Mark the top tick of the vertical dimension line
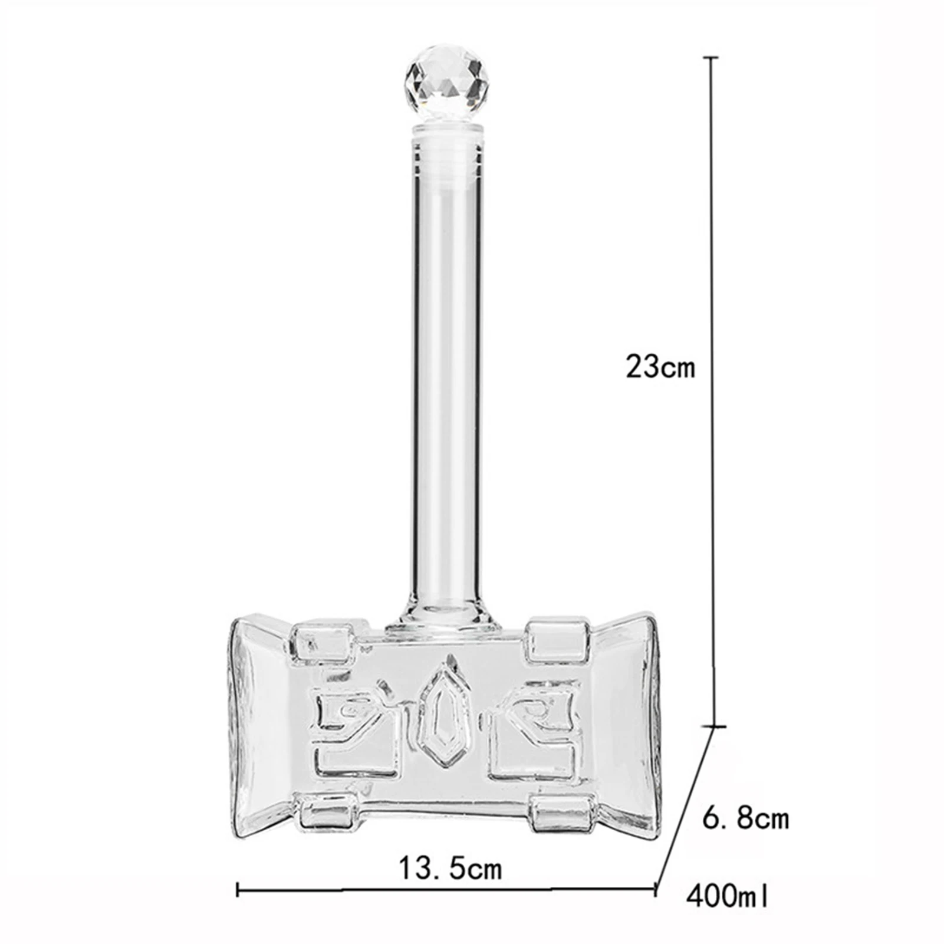point(712,58)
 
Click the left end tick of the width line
point(238,889)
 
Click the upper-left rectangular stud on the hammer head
point(322,641)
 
